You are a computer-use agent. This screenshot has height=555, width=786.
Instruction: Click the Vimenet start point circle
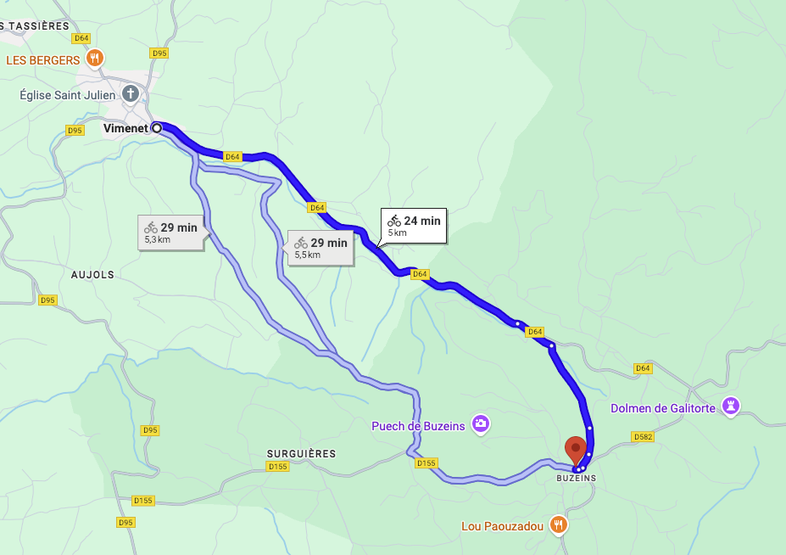157,128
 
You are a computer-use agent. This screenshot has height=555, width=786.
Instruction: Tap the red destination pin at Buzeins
576,449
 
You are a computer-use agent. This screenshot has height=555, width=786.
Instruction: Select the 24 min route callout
415,226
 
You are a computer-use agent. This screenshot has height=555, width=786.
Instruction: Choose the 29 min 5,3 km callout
170,233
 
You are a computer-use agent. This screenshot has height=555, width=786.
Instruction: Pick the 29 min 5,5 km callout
321,248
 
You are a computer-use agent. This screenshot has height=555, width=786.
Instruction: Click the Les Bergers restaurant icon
95,59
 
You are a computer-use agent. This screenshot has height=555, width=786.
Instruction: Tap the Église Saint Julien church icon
131,93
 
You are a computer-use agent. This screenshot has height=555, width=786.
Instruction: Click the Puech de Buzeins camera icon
481,423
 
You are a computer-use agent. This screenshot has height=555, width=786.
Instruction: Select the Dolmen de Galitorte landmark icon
730,406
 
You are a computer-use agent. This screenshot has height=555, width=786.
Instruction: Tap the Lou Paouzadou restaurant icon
558,524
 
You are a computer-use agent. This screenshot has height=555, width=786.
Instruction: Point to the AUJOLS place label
93,275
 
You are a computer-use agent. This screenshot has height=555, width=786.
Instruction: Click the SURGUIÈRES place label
301,454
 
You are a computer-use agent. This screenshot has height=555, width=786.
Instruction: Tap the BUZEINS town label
576,479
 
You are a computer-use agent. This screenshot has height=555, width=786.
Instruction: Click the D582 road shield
644,436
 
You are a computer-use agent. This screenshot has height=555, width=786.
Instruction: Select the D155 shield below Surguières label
278,467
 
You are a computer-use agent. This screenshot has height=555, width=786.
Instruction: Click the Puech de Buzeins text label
418,426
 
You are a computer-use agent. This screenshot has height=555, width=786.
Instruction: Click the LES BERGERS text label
43,60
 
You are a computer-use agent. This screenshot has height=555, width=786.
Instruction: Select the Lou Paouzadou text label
501,527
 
